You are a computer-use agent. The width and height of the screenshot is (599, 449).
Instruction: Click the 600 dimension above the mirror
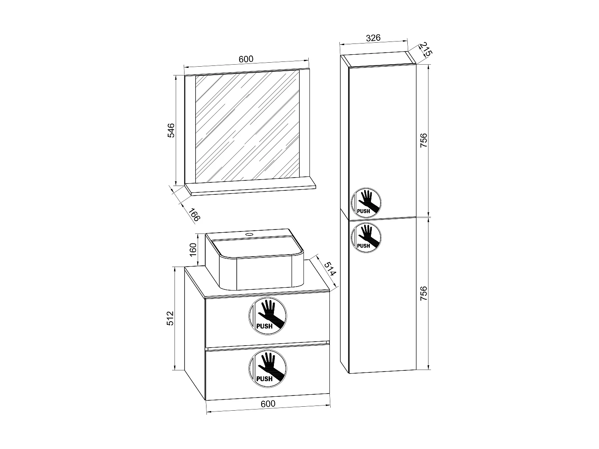(246, 59)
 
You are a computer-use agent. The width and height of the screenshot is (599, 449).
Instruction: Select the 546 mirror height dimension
(171, 131)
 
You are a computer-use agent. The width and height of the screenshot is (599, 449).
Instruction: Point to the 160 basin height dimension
(193, 249)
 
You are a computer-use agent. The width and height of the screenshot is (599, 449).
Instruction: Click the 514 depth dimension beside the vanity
(329, 270)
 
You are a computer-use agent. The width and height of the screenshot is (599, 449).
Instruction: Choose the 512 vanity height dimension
(171, 318)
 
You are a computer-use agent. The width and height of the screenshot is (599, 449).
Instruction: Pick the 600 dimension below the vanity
(268, 404)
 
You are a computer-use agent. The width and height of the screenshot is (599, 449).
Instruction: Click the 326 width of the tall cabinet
(373, 38)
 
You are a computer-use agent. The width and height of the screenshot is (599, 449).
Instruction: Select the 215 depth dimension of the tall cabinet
(426, 49)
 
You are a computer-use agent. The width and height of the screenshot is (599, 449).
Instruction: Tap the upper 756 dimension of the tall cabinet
(424, 140)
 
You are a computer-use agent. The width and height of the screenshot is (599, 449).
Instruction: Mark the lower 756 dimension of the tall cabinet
(424, 293)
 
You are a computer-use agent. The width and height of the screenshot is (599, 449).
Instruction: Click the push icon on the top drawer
(268, 316)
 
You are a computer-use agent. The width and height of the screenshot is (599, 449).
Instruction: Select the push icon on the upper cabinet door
(366, 202)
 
